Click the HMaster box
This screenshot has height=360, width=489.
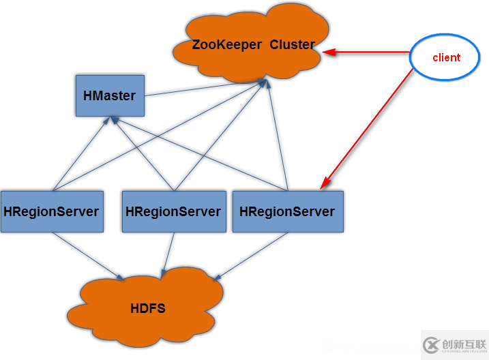(x=109, y=95)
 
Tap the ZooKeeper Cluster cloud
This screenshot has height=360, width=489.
(x=252, y=45)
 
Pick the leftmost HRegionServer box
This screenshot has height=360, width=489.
(x=52, y=211)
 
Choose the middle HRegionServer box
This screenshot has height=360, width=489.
(x=173, y=211)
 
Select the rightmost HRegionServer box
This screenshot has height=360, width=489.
(x=287, y=211)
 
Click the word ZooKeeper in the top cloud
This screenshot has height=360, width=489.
(x=226, y=45)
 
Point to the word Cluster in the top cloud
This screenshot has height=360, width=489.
(x=292, y=45)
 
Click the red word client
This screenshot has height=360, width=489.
(x=446, y=58)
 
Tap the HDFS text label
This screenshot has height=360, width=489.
(x=147, y=309)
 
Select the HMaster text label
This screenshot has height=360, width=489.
(x=109, y=96)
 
